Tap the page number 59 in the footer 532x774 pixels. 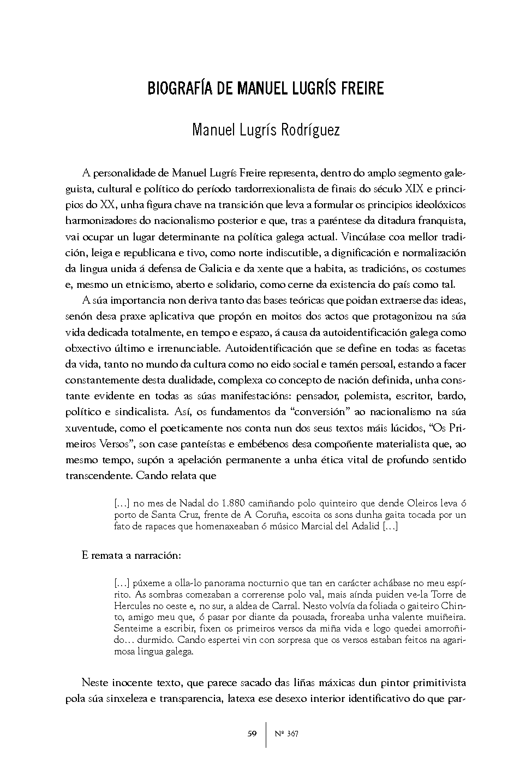(x=252, y=734)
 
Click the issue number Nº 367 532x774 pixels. (x=286, y=734)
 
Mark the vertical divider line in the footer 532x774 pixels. (x=266, y=734)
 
